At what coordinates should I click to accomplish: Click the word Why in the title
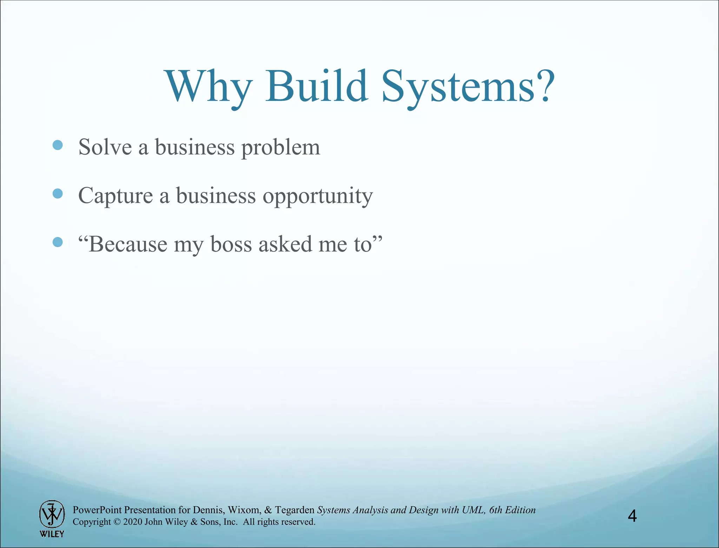point(209,87)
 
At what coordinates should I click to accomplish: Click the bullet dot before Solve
point(58,145)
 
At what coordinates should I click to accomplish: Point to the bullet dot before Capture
point(58,194)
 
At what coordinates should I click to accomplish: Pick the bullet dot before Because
point(58,242)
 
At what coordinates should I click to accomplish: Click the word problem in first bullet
point(281,148)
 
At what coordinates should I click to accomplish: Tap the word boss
point(231,244)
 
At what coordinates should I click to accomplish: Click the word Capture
point(116,196)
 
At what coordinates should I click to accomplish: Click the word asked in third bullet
point(285,244)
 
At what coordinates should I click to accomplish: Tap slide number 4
point(632,516)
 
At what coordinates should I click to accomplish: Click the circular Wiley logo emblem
point(52,514)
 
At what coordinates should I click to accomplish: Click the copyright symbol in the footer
point(117,522)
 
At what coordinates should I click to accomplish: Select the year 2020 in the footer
point(133,522)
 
